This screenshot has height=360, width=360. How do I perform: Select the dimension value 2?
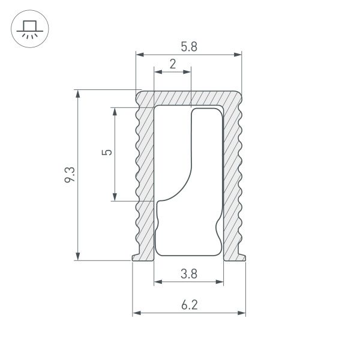tap(173, 64)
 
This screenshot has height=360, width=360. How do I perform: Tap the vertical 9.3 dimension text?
tap(70, 175)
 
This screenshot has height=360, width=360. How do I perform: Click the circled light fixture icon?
tap(28, 28)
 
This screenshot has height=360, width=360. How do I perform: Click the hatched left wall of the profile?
tap(145, 180)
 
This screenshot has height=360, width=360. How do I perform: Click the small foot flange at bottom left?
tap(137, 257)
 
